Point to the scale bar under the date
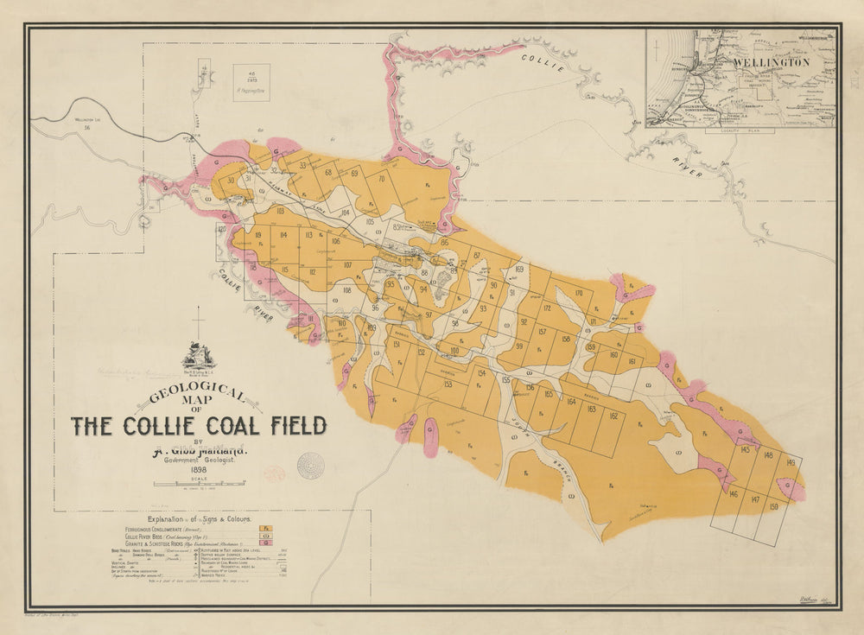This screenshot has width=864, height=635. pos(199,486)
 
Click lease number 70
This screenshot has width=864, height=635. pos(381,179)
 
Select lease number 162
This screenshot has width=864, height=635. pos(613,416)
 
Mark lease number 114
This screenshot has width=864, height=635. pos(283,234)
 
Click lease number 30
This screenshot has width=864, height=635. pos(231,180)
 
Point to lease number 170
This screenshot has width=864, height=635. pos(578,294)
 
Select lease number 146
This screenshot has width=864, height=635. pos(733,494)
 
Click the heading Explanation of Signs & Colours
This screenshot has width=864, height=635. pos(199,519)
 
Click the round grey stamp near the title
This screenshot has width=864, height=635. pos(310,465)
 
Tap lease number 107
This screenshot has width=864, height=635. pos(347,265)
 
